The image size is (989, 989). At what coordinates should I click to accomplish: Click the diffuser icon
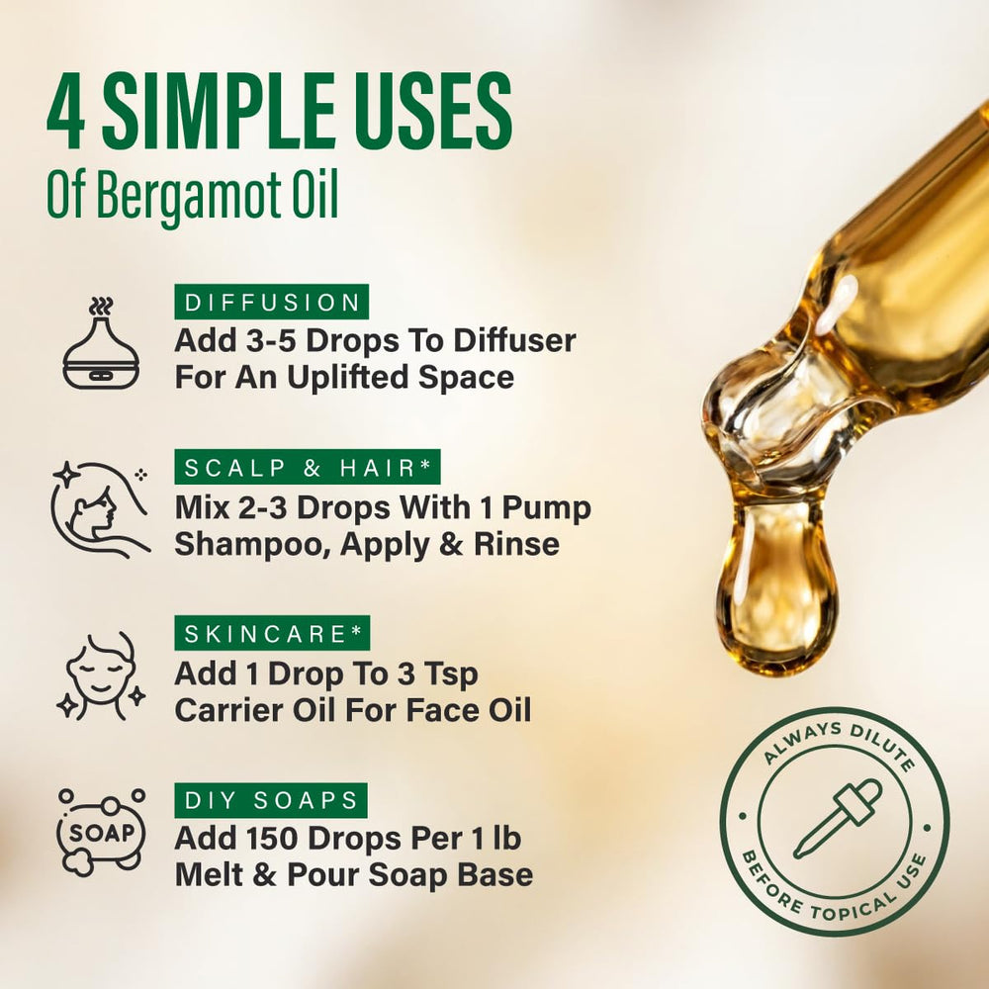(101, 343)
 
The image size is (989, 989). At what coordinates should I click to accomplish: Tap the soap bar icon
(101, 832)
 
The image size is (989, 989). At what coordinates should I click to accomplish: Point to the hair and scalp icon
(100, 509)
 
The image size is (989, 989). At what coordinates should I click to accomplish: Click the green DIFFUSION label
(271, 302)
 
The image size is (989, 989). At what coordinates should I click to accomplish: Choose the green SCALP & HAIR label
(308, 468)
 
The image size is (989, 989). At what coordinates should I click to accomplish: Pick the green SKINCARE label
(272, 633)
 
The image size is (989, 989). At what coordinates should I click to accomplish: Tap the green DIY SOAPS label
(271, 800)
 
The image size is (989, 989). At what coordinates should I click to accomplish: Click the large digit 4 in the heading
(66, 111)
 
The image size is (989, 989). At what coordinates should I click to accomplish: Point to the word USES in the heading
(433, 111)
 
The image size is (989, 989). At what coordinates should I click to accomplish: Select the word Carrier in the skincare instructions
(228, 710)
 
